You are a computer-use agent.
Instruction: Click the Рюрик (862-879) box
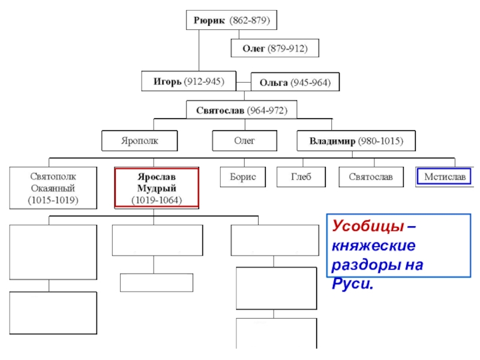point(232,20)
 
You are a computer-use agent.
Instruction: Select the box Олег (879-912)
point(275,48)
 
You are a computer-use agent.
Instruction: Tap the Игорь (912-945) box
point(189,81)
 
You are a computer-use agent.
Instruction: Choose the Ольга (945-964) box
point(295,82)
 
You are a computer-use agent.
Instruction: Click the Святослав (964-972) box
point(242,110)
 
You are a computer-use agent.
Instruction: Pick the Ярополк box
point(140,141)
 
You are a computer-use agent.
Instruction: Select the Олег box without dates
point(245,141)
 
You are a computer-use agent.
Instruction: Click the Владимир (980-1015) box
point(356,141)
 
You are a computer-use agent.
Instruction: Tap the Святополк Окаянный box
point(53,188)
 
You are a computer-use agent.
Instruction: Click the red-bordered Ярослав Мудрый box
point(157,188)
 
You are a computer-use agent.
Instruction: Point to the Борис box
point(243,177)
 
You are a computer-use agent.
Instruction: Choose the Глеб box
point(301,177)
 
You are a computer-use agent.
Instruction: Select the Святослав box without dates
point(371,177)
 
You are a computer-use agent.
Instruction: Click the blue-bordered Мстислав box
point(444,176)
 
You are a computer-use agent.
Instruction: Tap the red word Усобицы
point(368,226)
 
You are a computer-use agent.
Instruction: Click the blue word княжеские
point(374,245)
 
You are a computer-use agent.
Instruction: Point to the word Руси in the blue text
point(353,284)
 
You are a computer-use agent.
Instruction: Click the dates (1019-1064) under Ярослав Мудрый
point(157,200)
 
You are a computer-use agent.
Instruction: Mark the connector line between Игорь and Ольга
point(244,82)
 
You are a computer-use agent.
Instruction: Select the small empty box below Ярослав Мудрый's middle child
point(157,283)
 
